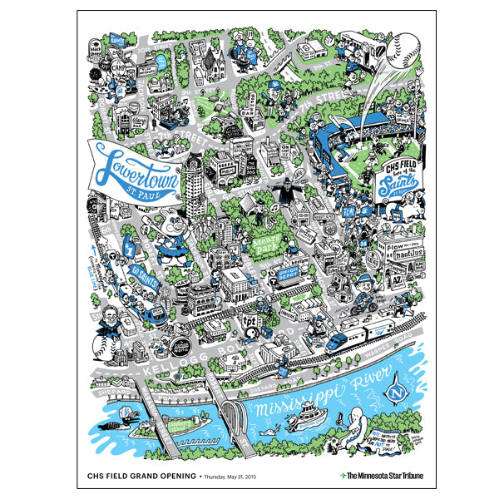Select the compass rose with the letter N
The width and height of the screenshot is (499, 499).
(x=396, y=387)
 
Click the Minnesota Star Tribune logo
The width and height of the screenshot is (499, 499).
(x=382, y=475)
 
